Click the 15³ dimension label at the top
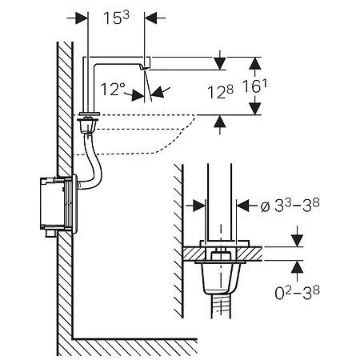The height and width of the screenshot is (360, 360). [x=116, y=18]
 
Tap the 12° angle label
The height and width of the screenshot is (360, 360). [x=113, y=89]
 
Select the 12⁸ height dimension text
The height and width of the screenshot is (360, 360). [x=220, y=92]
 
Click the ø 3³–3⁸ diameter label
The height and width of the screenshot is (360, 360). [x=290, y=206]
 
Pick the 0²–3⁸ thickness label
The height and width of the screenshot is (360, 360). [x=297, y=293]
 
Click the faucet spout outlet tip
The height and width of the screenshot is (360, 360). [x=144, y=69]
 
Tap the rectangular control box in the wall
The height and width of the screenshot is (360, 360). [x=58, y=204]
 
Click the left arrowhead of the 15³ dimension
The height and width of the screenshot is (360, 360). [x=82, y=18]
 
